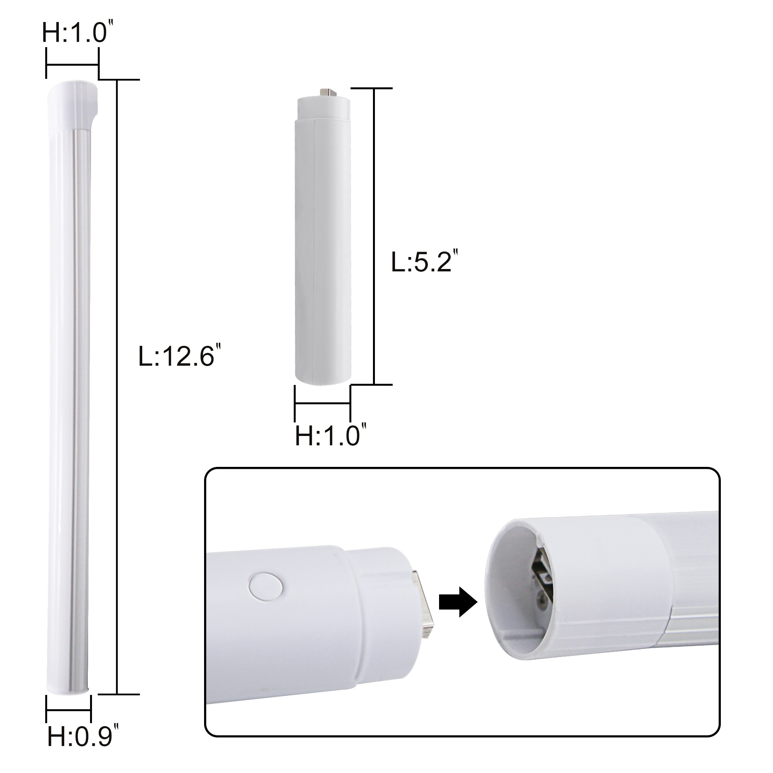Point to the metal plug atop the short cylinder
pyautogui.click(x=327, y=92)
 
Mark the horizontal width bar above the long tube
pyautogui.click(x=72, y=64)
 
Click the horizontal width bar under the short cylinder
pyautogui.click(x=322, y=403)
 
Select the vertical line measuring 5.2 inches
pyautogui.click(x=374, y=236)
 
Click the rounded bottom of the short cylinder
pyautogui.click(x=323, y=378)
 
